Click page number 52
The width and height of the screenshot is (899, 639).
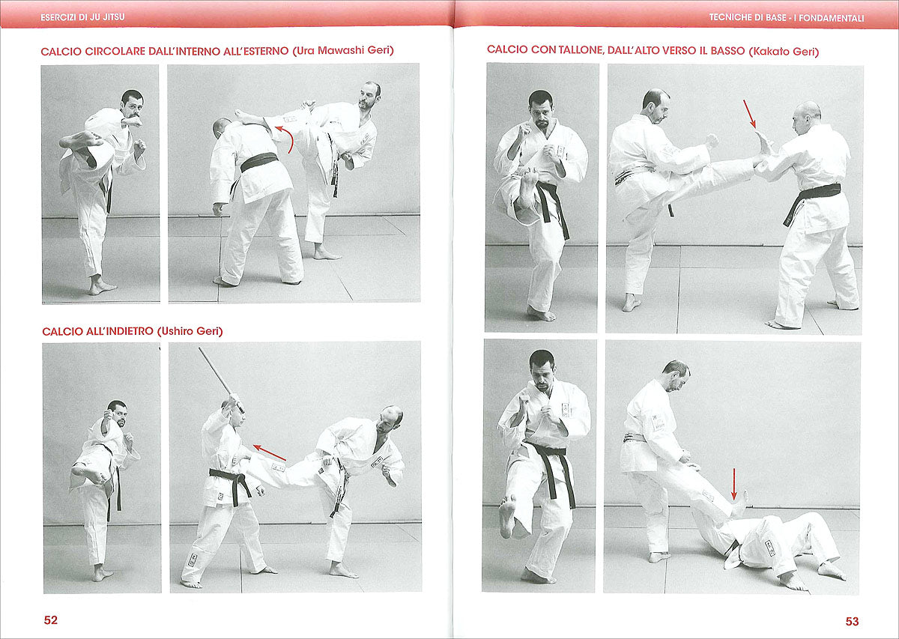(50, 620)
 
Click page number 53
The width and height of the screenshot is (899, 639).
(852, 620)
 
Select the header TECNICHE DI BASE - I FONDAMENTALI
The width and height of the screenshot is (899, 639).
(786, 17)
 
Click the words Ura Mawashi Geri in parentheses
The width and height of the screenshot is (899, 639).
(344, 51)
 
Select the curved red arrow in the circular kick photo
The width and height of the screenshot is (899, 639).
(285, 139)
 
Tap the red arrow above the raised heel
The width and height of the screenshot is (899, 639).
(750, 113)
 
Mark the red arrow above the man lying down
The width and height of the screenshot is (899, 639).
(734, 484)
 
